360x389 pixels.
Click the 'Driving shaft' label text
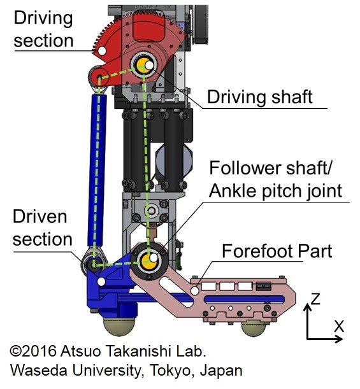tap(259, 97)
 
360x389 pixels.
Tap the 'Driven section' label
tap(43, 228)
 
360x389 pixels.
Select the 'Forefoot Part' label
tap(277, 251)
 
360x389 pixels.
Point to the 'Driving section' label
tap(43, 29)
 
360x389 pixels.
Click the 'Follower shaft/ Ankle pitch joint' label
tap(276, 179)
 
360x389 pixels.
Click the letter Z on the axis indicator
tap(315, 299)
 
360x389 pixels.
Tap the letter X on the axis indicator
tap(338, 326)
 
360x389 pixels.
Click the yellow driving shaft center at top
tap(143, 65)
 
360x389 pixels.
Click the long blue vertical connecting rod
tap(97, 171)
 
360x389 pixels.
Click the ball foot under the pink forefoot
tap(254, 328)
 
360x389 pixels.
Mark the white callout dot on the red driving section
tap(101, 51)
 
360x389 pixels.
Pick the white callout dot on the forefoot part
tap(195, 291)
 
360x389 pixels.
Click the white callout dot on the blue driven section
tap(101, 281)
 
